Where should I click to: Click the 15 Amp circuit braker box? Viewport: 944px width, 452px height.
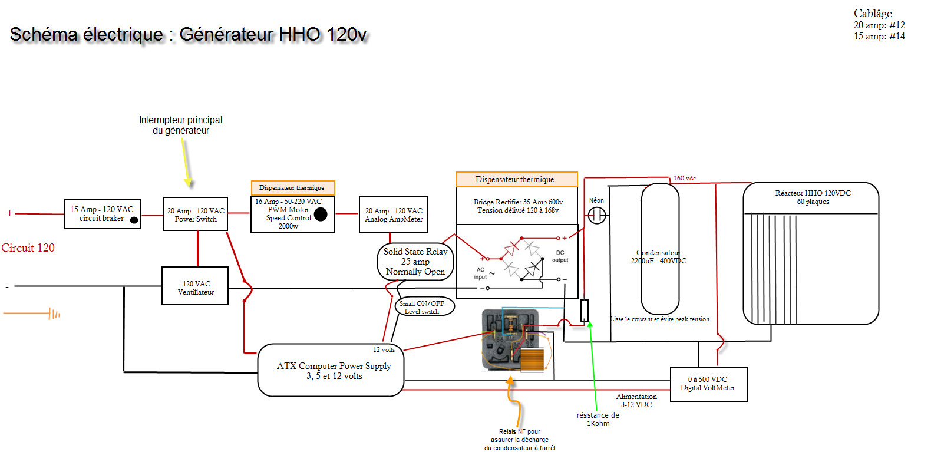coord(102,214)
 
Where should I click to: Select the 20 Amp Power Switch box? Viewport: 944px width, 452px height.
coord(196,214)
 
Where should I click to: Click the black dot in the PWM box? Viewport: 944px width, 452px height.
coord(321,214)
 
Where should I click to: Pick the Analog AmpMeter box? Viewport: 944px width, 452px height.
coord(394,215)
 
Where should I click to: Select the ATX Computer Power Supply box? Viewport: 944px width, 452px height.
coord(331,371)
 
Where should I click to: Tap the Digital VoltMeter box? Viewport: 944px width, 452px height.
coord(709,384)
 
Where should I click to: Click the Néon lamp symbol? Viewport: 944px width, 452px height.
coord(596,216)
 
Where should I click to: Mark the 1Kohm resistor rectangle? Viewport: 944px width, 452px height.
coord(585,311)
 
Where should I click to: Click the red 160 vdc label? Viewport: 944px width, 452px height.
coord(685,178)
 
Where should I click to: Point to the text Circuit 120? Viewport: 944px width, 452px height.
coord(28,248)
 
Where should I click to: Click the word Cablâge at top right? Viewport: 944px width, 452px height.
coord(873,14)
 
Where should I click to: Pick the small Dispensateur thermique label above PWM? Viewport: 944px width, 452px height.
coord(292,188)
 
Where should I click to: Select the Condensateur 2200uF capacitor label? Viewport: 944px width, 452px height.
coord(659,257)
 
